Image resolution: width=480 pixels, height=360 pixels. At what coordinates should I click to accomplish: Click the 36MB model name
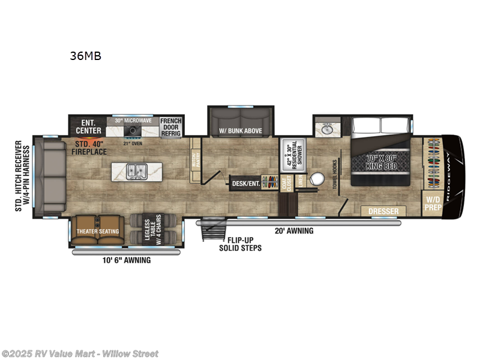tap(86, 56)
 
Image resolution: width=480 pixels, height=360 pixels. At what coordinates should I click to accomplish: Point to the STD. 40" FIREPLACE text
tap(91, 148)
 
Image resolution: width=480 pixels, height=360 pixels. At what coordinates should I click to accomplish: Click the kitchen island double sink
tap(137, 171)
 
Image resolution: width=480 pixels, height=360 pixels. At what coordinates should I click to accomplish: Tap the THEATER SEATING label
tap(97, 231)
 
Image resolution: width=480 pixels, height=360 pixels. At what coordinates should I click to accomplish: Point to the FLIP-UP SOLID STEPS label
tap(240, 244)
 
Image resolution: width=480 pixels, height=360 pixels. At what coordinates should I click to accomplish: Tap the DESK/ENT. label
tap(247, 184)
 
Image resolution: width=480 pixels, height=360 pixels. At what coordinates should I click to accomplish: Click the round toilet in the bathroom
tap(317, 181)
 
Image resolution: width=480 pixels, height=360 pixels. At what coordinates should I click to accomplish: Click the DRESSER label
tap(383, 211)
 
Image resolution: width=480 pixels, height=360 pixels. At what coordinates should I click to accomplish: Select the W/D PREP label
tap(433, 203)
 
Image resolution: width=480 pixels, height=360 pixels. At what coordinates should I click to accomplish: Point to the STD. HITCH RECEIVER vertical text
tap(22, 178)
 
